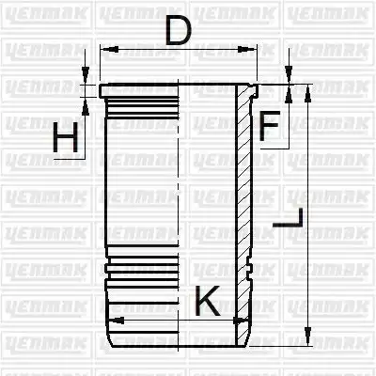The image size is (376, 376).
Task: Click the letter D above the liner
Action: click(179, 31)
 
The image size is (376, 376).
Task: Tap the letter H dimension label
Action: click(66, 137)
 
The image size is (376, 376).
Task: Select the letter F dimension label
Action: click(269, 125)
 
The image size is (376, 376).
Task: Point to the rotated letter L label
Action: click(289, 218)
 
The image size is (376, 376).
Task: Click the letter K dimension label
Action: click(208, 301)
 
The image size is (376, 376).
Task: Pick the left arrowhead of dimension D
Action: click(109, 49)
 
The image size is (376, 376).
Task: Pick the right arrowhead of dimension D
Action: click(247, 49)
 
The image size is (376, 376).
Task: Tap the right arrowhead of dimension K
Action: click(240, 321)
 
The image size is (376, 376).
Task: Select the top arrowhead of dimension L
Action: click(308, 93)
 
